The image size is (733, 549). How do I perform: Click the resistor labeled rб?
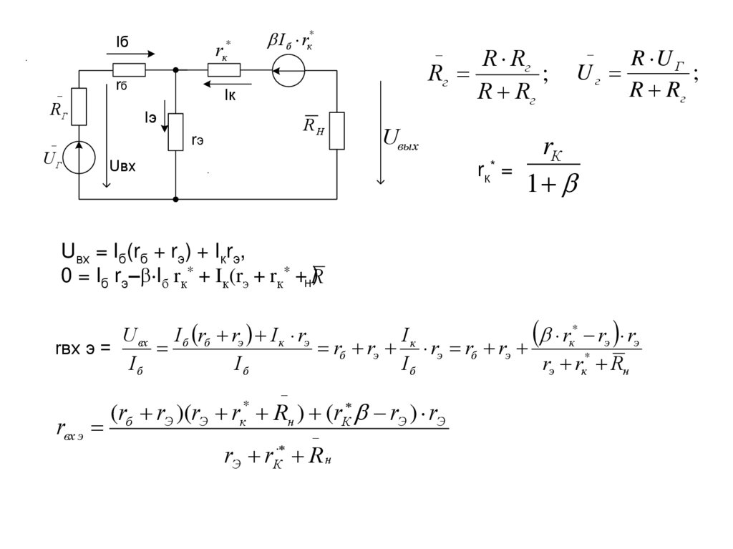coord(130,70)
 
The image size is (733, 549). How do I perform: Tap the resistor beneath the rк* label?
coord(224,70)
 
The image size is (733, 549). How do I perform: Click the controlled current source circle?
coord(289,70)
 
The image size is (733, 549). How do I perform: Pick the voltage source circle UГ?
coord(79,157)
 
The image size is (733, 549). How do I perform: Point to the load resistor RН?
coord(336,131)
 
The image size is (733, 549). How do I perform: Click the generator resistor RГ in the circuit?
coord(79,106)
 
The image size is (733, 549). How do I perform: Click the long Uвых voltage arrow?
coord(381,132)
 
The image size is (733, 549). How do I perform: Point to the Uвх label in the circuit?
coord(122,166)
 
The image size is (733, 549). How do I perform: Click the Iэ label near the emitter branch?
coord(150,117)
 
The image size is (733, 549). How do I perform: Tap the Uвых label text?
coord(401,139)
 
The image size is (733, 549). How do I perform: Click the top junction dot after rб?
coord(175,70)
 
